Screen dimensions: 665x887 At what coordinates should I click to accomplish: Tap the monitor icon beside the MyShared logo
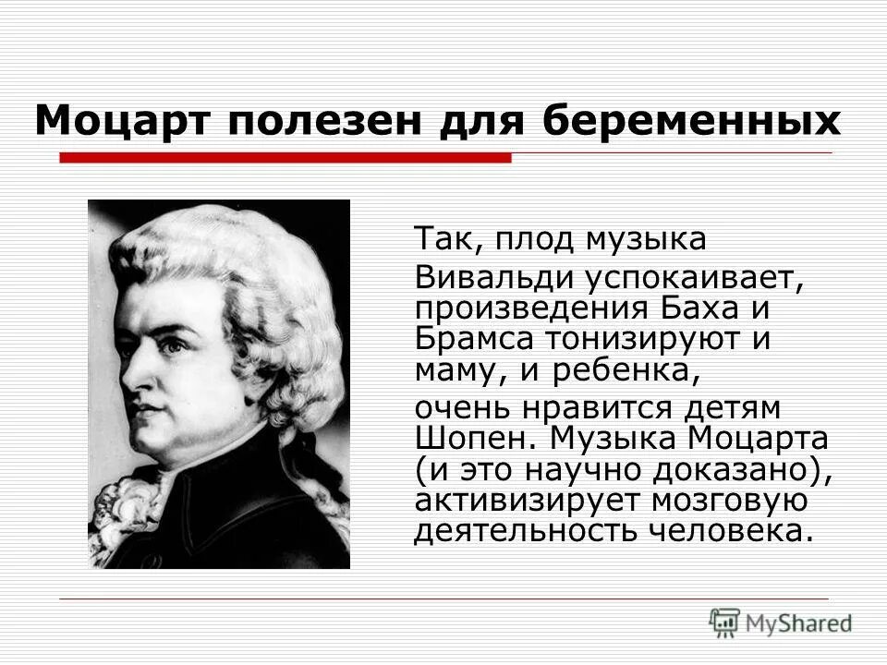tap(725, 621)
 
